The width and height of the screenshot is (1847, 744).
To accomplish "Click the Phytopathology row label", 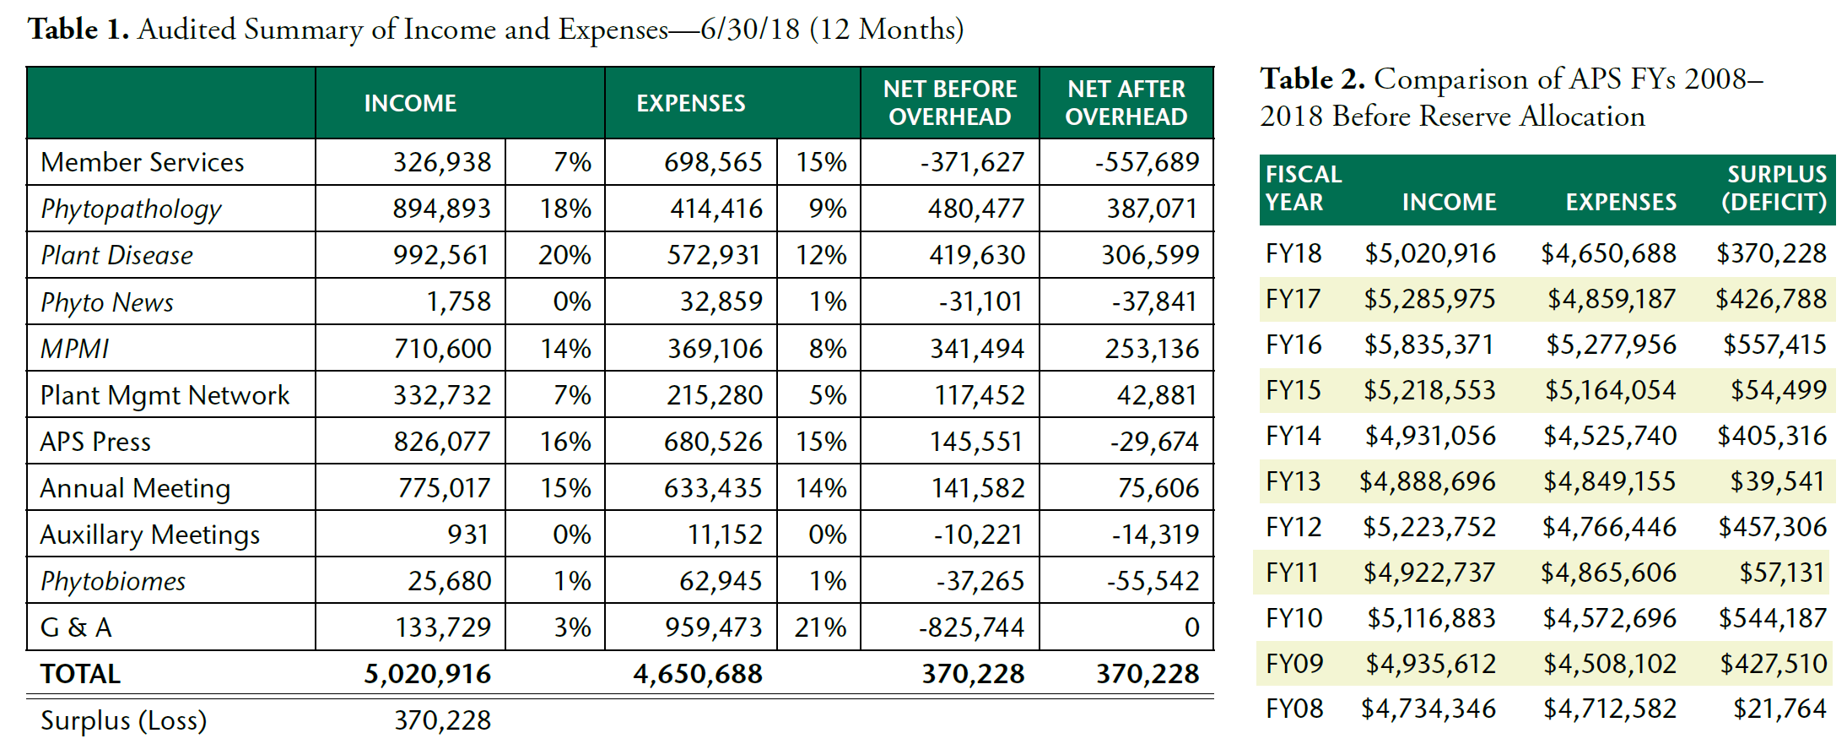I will click(131, 209).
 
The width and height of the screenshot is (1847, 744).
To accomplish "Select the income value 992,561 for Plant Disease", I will click(441, 255).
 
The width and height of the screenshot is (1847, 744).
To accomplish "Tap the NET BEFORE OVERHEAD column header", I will click(949, 103).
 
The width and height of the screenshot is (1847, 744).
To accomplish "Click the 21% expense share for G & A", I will click(820, 627).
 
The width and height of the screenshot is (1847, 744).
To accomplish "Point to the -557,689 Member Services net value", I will click(1147, 162).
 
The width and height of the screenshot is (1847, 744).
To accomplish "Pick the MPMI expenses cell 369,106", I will click(715, 349).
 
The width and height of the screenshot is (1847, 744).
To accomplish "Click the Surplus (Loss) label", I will click(123, 720).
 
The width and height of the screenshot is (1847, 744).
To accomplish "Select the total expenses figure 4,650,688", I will click(698, 674).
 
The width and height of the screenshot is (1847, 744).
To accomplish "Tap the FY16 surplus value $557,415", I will click(1774, 345).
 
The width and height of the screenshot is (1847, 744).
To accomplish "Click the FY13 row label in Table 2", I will click(1293, 481).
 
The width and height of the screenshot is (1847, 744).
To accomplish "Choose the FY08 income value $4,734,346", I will click(1428, 709).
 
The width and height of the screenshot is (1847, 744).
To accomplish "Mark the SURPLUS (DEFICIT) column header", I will click(1774, 188).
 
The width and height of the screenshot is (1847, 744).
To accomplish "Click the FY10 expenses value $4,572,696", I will click(1609, 618).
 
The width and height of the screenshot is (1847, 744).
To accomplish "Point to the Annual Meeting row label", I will click(135, 488).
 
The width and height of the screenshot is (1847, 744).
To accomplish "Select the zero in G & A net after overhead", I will click(1191, 627).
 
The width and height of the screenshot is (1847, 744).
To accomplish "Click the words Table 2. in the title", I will click(1312, 79).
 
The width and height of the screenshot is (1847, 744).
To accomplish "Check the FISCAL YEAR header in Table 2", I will click(1303, 188).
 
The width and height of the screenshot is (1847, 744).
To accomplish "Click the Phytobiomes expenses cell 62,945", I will click(721, 581).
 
